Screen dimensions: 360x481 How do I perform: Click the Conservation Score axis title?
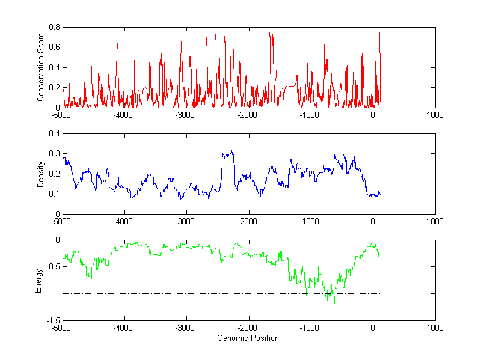(41, 67)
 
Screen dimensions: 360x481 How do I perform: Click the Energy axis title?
(39, 280)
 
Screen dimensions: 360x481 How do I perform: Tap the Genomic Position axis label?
(248, 338)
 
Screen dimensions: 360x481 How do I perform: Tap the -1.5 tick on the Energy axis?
(52, 320)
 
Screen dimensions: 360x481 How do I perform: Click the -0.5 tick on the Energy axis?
(52, 267)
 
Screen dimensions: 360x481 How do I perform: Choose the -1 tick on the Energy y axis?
(55, 293)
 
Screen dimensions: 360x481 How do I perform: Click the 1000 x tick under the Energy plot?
(435, 328)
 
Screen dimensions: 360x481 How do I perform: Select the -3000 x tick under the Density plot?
(186, 221)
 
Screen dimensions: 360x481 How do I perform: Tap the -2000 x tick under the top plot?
(248, 115)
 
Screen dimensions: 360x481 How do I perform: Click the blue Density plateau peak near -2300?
(231, 152)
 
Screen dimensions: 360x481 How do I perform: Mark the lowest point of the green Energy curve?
(334, 304)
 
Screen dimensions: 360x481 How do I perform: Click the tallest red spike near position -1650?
(269, 32)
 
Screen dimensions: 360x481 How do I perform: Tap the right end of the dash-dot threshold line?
(381, 293)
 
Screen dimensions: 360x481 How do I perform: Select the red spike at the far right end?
(379, 33)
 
